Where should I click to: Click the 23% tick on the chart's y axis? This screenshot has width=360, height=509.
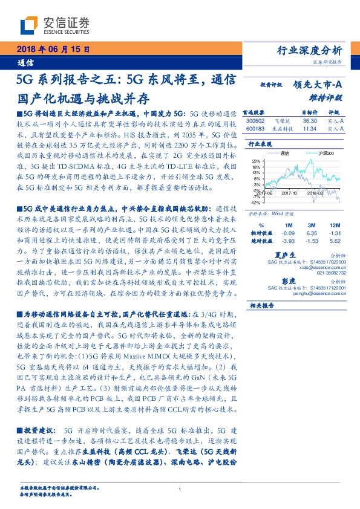(x=256, y=161)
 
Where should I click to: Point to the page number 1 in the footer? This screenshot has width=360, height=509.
(x=180, y=489)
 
